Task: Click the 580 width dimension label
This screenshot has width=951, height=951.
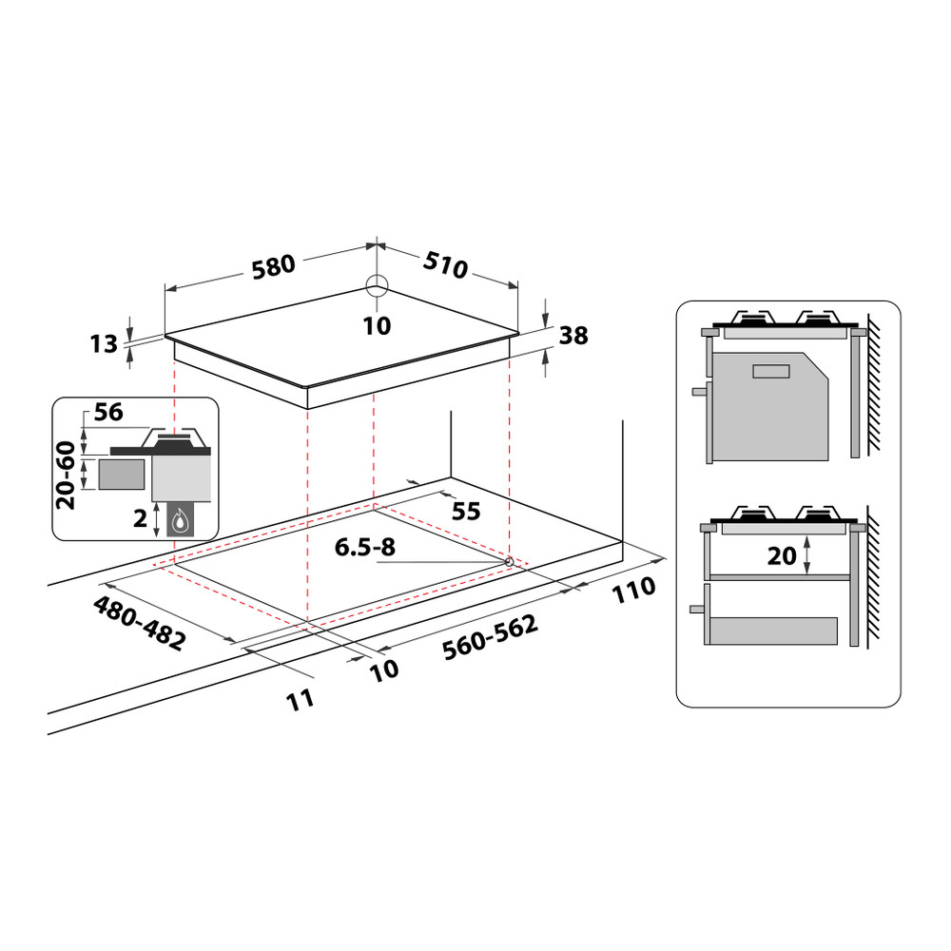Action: (275, 265)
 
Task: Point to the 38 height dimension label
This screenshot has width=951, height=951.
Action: (573, 335)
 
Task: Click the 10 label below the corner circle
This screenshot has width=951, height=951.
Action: (378, 326)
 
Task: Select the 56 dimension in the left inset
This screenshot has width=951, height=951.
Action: (109, 413)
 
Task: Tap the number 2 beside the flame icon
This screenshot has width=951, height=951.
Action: (141, 518)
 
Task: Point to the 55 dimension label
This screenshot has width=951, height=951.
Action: (465, 512)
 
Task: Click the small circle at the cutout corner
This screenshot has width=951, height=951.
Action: (510, 562)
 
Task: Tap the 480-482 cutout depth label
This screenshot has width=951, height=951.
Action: (138, 624)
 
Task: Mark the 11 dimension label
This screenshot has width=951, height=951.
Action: (300, 700)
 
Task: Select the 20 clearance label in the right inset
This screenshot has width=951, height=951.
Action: (782, 554)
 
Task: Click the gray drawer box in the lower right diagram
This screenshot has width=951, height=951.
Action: (774, 631)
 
